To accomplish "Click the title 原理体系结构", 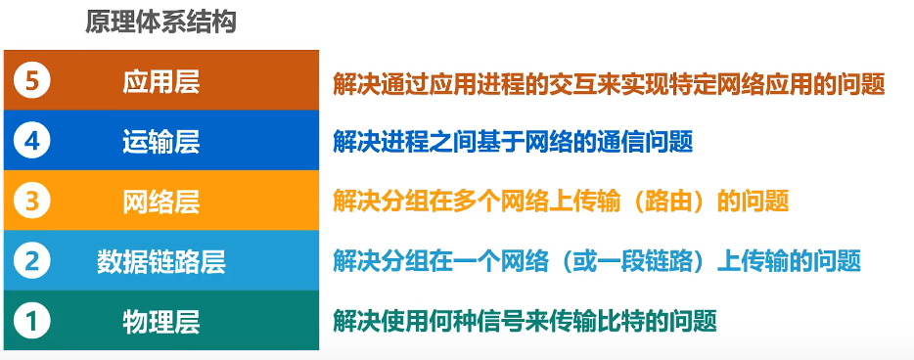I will (x=161, y=22).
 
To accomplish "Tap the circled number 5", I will (x=31, y=81).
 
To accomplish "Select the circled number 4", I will (x=31, y=141).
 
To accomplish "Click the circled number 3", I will (x=31, y=201).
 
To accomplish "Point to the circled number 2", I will (x=31, y=260).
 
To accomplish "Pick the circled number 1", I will (x=31, y=320).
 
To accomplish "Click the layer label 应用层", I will (x=161, y=81).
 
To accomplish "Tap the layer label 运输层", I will (x=161, y=141).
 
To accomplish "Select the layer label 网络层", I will (x=161, y=201).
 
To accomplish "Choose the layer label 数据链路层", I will (x=161, y=260).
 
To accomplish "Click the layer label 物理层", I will (x=161, y=320).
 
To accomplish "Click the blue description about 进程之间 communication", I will (x=513, y=142).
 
